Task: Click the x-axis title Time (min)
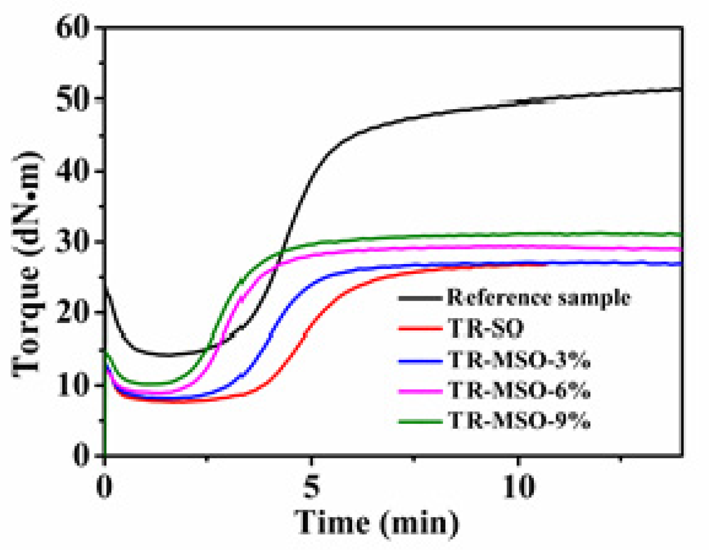[377, 523]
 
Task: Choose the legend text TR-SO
[486, 328]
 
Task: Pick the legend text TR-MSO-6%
[519, 391]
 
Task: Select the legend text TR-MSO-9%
[519, 421]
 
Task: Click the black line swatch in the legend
[419, 298]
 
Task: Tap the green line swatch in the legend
[419, 422]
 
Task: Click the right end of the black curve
[681, 88]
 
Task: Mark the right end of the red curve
[546, 265]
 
